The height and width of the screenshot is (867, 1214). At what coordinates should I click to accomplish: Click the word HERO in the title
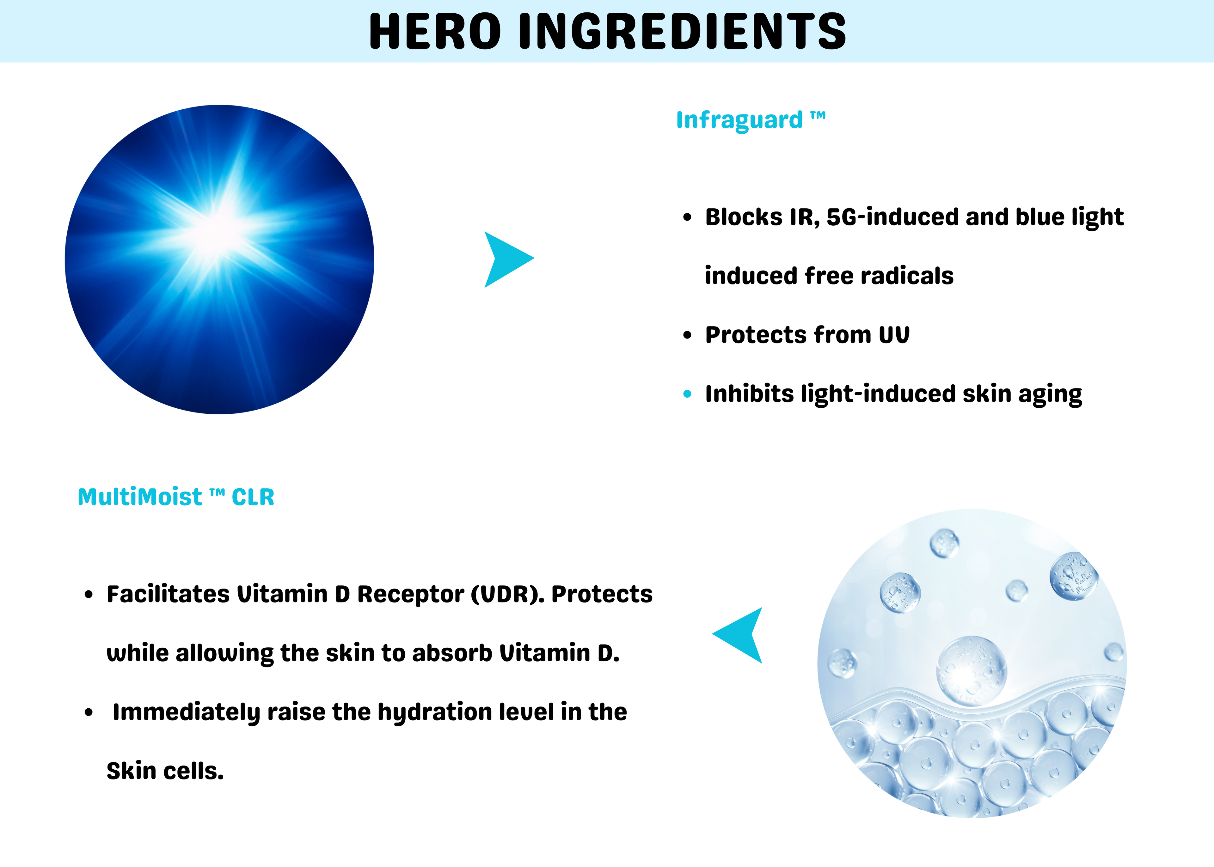pos(435,32)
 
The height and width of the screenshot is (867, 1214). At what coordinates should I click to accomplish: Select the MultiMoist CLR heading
pos(176,497)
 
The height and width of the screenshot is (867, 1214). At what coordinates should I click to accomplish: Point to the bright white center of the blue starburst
pos(218,231)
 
